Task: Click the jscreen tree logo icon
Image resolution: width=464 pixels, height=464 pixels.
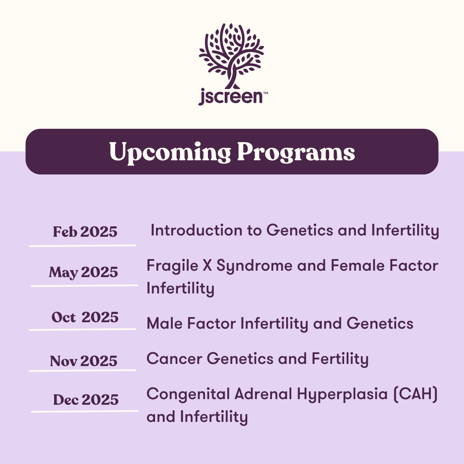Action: click(232, 55)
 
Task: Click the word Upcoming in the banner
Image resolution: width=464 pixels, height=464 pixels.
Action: click(170, 153)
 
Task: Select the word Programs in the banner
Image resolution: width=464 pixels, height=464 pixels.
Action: click(296, 153)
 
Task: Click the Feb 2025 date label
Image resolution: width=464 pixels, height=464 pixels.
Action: click(85, 232)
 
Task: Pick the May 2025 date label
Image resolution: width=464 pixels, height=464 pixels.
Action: click(83, 272)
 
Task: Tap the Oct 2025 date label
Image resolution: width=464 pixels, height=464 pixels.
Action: click(85, 317)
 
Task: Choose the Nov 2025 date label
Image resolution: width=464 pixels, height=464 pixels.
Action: click(84, 361)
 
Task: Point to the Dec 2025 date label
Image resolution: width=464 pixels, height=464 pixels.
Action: click(86, 400)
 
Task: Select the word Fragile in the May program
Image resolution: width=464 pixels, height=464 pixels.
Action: click(172, 266)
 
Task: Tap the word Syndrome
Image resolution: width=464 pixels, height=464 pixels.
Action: click(254, 266)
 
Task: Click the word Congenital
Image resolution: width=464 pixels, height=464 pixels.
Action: click(188, 394)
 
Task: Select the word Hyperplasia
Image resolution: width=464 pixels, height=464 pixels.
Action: click(342, 394)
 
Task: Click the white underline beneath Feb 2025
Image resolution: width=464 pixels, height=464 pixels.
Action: click(82, 245)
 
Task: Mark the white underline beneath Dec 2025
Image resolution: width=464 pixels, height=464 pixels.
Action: click(85, 411)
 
